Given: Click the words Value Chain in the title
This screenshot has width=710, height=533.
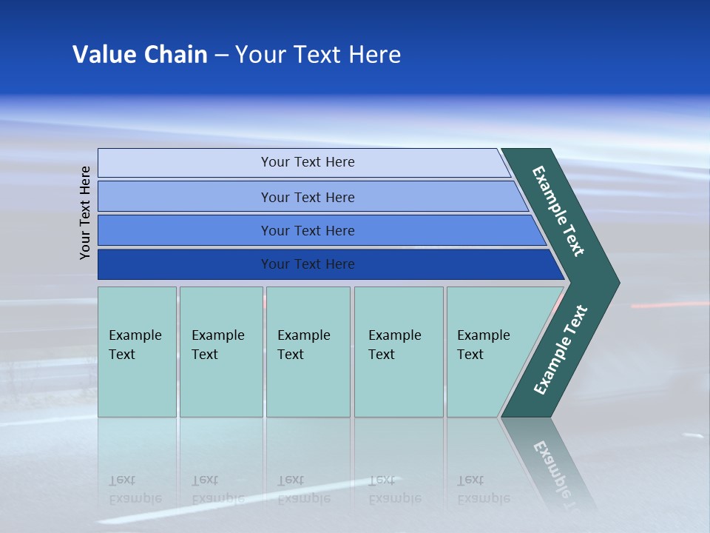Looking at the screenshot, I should click(140, 55).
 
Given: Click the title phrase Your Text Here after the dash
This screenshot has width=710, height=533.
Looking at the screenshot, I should click(318, 55).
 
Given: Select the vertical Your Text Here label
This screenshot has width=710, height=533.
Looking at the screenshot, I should click(86, 212).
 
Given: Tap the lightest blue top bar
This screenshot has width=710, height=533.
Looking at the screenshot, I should click(185, 163).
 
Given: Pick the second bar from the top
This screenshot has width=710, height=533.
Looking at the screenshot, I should click(185, 197).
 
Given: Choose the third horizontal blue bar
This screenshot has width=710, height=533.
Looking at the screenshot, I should click(185, 230).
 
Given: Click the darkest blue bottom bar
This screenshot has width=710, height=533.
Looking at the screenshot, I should click(185, 264).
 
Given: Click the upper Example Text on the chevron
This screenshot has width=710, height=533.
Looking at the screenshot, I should click(558, 211).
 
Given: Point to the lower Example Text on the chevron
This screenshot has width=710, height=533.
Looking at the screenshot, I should click(561, 350).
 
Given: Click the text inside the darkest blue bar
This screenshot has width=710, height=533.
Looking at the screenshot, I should click(308, 264).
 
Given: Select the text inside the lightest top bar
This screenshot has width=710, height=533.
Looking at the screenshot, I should click(308, 162).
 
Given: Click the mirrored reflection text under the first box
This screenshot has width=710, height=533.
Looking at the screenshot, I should click(135, 490).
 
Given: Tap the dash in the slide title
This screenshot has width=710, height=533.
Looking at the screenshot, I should click(221, 56).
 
